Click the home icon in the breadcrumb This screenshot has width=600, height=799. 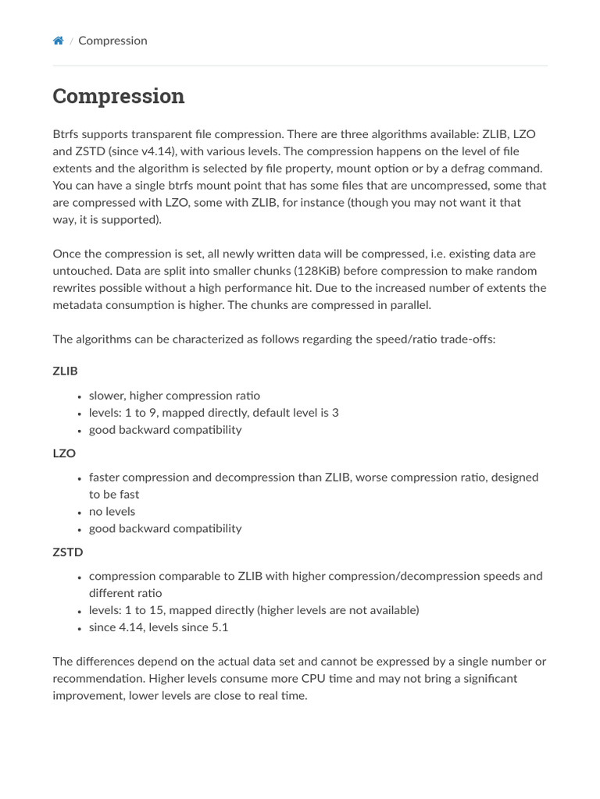pyautogui.click(x=58, y=41)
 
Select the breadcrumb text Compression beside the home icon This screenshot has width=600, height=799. pyautogui.click(x=112, y=41)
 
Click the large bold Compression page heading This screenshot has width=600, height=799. pyautogui.click(x=119, y=96)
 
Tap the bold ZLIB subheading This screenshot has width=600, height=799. pyautogui.click(x=66, y=371)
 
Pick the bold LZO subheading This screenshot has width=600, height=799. pyautogui.click(x=64, y=453)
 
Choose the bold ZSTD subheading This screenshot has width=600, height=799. pyautogui.click(x=68, y=552)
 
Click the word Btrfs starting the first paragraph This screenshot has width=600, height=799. pyautogui.click(x=67, y=134)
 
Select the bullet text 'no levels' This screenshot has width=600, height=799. pyautogui.click(x=112, y=512)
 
